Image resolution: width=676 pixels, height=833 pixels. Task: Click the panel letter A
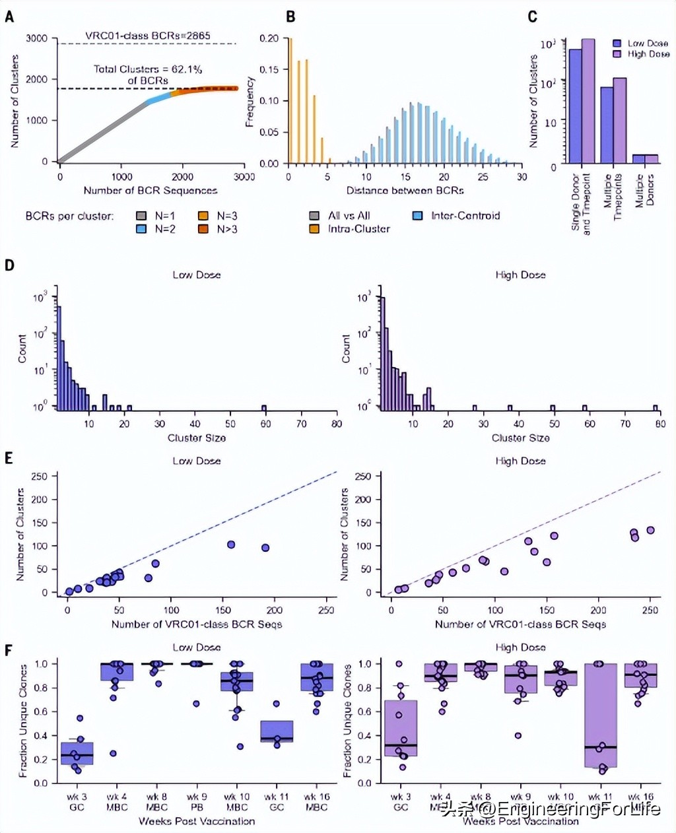point(9,17)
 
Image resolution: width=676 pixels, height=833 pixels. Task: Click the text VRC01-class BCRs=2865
point(148,35)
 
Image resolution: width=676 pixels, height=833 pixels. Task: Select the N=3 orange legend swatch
point(203,216)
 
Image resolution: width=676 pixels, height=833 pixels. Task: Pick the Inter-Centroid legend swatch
point(417,216)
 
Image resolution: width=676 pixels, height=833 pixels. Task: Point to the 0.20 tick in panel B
point(269,38)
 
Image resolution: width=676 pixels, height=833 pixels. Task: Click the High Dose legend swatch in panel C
point(617,54)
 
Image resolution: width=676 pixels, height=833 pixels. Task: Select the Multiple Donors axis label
point(644,191)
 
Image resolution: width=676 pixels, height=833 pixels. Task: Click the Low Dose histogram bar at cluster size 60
point(264,407)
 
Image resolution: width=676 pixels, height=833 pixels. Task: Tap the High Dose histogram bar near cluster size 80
point(656,407)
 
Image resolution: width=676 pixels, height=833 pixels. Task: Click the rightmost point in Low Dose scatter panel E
point(265,547)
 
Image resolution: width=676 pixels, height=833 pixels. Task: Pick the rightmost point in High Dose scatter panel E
point(650,530)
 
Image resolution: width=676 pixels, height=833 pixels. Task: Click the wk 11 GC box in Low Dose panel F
point(277,731)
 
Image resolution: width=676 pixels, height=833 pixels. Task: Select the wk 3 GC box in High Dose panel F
point(401,728)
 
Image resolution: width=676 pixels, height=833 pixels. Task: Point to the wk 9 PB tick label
point(197,801)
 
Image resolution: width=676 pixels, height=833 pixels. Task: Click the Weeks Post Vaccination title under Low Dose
point(197,821)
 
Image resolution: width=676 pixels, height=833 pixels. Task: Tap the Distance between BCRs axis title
point(405,190)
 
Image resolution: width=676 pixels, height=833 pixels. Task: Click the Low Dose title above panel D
point(197,275)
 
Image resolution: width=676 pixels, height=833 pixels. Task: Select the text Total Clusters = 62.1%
point(148,69)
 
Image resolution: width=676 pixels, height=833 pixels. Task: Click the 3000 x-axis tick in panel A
point(244,177)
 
